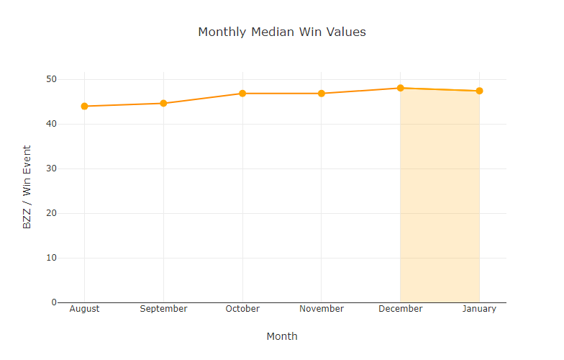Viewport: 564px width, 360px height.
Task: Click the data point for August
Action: click(x=84, y=106)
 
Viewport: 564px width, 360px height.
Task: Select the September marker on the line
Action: click(x=163, y=103)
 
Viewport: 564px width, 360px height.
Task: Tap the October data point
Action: click(x=242, y=94)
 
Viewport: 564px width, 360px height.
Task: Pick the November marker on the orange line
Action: click(x=322, y=94)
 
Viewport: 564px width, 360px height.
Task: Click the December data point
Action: click(x=400, y=88)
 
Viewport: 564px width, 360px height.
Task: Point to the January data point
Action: click(x=479, y=91)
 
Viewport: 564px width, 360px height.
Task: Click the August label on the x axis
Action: click(x=84, y=309)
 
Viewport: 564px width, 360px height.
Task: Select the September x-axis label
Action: click(x=163, y=309)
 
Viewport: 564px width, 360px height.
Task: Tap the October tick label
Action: click(x=242, y=309)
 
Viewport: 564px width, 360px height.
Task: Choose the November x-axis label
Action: click(x=322, y=309)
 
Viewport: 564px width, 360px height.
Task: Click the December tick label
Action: click(x=400, y=309)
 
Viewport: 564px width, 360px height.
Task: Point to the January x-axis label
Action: click(x=479, y=309)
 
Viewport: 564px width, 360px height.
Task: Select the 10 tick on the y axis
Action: click(x=52, y=258)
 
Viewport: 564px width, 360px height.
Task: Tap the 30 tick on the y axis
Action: click(x=52, y=168)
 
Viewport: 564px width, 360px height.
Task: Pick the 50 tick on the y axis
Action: click(x=52, y=79)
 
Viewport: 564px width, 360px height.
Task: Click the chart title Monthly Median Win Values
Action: click(x=282, y=32)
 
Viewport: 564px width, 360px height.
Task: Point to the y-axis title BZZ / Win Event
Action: click(x=27, y=187)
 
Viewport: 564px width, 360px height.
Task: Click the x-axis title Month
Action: click(x=282, y=336)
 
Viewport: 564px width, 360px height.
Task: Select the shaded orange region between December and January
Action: click(x=440, y=202)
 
